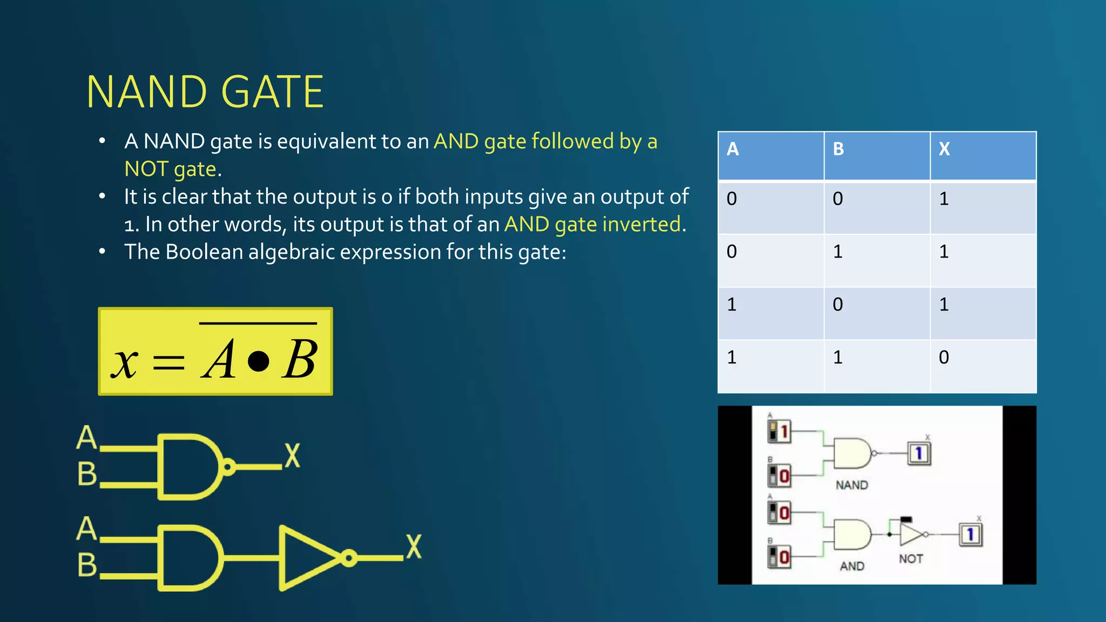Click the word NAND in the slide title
point(146,92)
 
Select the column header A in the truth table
point(732,149)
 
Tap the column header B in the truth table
point(838,149)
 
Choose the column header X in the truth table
point(944,149)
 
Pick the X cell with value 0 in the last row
point(944,357)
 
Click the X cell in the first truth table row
point(944,199)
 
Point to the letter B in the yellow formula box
point(300,360)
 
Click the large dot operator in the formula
point(258,361)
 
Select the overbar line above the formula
point(258,323)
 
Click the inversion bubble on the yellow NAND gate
point(229,466)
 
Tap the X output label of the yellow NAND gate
point(292,455)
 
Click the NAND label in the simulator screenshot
point(852,485)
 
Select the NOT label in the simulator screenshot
point(911,559)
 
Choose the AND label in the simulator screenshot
point(852,566)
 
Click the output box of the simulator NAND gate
point(919,453)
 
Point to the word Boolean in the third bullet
point(204,252)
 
